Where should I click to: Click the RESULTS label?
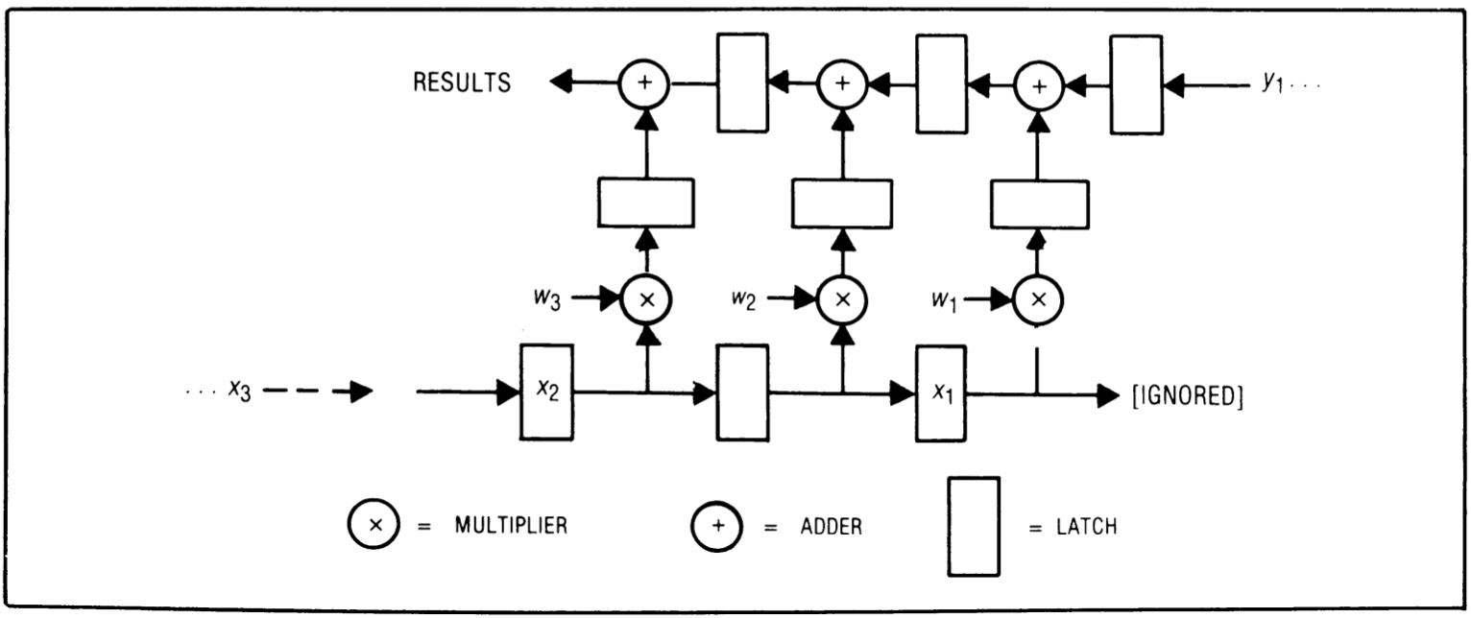click(462, 83)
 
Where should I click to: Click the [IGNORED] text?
click(1189, 395)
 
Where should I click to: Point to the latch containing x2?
click(546, 392)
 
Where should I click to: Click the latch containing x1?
click(942, 393)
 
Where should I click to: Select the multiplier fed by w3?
click(646, 299)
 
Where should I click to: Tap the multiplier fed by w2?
click(842, 299)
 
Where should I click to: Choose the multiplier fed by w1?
click(1038, 299)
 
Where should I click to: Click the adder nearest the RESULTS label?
click(645, 84)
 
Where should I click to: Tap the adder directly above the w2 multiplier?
click(842, 84)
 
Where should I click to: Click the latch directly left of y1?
click(1136, 83)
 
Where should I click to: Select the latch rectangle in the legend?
click(974, 526)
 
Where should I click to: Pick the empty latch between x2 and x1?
click(743, 392)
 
